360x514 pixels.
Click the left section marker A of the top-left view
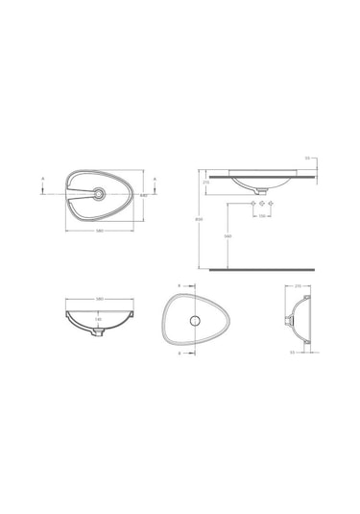43,178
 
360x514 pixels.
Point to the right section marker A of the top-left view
156,178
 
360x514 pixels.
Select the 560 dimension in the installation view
227,236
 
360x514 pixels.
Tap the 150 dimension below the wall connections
260,216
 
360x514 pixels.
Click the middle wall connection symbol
260,205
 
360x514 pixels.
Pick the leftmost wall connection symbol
252,205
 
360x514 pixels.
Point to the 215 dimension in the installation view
205,182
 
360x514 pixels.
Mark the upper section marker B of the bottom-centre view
180,285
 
